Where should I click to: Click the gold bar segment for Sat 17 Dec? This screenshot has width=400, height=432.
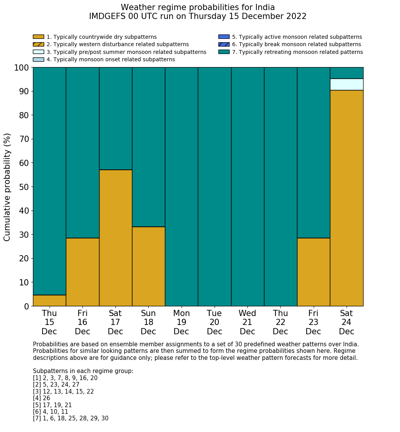[115, 238]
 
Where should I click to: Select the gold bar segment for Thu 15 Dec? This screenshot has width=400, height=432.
[49, 301]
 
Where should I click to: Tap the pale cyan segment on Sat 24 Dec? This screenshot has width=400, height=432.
[347, 85]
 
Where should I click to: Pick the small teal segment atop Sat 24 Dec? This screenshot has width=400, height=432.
[347, 73]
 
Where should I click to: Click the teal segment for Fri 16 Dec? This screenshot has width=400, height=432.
[82, 152]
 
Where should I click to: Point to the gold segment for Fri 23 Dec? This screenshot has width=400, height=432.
[313, 272]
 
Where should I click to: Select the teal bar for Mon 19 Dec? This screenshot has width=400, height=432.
[182, 187]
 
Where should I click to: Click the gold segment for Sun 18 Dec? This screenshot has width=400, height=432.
[148, 266]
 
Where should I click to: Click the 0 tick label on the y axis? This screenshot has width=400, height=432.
[26, 306]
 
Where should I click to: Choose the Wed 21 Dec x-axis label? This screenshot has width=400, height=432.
[247, 322]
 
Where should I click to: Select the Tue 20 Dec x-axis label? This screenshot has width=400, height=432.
[215, 322]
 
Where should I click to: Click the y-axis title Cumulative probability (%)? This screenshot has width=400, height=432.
[7, 187]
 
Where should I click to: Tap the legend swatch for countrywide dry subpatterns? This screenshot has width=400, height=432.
[38, 37]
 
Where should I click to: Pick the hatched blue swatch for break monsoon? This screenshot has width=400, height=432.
[224, 45]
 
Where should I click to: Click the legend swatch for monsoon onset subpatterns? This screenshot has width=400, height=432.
[38, 59]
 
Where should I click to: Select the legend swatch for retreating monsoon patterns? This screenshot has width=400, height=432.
[224, 52]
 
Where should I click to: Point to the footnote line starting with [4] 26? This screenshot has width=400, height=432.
[41, 398]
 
